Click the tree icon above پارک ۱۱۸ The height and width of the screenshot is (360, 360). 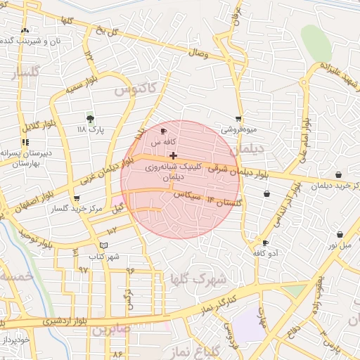tap(90, 118)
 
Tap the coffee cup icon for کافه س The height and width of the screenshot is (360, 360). tap(164, 131)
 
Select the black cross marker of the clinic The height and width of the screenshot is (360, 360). tap(174, 155)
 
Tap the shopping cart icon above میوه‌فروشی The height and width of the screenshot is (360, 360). tap(239, 119)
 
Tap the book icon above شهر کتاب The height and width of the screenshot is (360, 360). tap(104, 245)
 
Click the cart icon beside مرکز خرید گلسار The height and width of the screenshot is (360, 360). tap(77, 199)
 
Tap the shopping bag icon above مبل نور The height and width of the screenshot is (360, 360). tap(340, 235)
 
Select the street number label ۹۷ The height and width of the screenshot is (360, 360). tap(83, 270)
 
